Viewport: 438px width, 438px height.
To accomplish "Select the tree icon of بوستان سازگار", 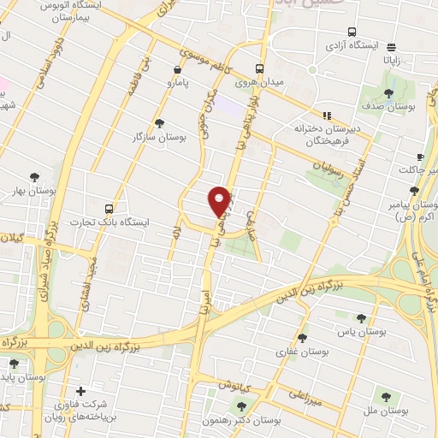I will [159, 123].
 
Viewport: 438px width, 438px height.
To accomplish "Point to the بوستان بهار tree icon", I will [34, 177].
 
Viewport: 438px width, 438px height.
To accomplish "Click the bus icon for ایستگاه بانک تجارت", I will [108, 208].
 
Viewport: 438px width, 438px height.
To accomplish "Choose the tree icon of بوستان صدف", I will [388, 93].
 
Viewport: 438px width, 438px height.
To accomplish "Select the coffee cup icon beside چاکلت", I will [419, 157].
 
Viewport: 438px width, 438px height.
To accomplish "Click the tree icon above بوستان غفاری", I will [302, 338].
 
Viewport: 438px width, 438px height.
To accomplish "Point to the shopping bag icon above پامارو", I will [177, 70].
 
